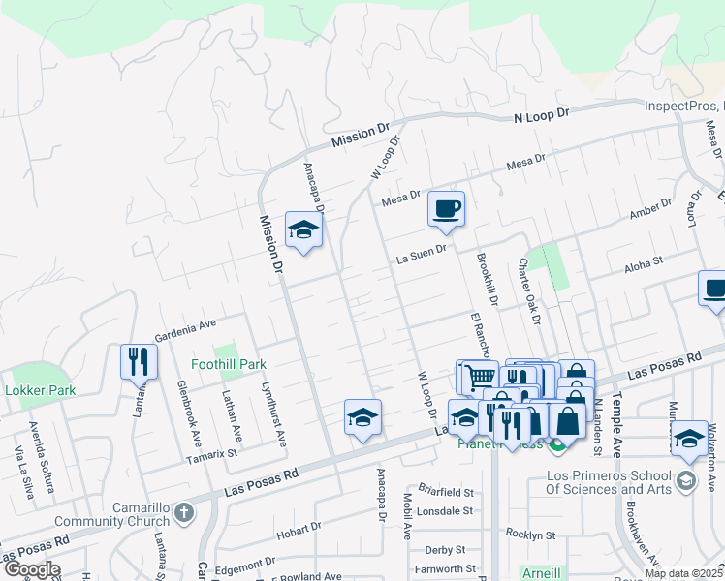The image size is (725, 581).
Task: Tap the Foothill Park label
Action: pyautogui.click(x=229, y=364)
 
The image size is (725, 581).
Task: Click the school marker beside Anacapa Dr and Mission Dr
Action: pyautogui.click(x=303, y=230)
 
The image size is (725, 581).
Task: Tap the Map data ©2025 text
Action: pyautogui.click(x=682, y=573)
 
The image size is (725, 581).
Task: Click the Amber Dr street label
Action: pyautogui.click(x=649, y=209)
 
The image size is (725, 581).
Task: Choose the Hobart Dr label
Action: pyautogui.click(x=298, y=529)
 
